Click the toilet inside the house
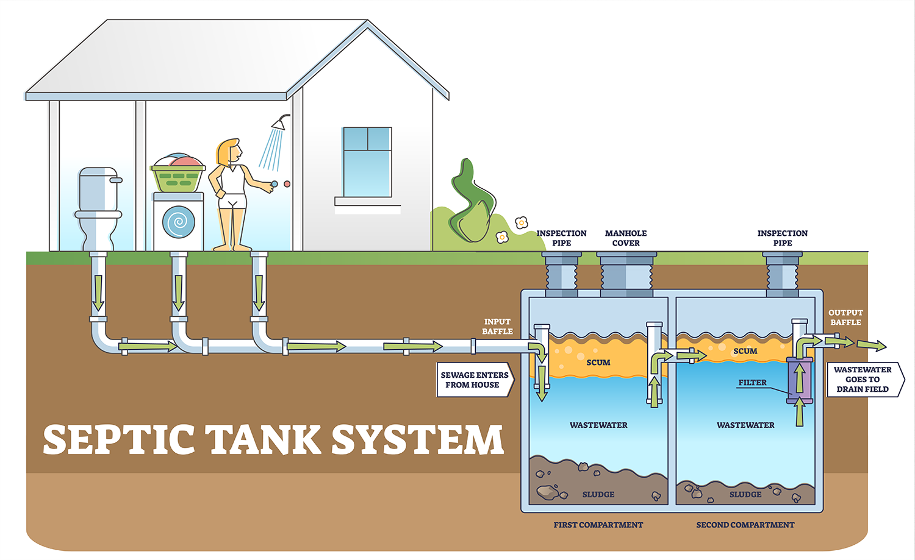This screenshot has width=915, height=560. [98, 208]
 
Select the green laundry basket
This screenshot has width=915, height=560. [178, 178]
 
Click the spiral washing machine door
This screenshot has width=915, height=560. [179, 222]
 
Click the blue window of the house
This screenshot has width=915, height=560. [367, 162]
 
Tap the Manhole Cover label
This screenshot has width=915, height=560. [626, 238]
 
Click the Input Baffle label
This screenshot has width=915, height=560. [497, 327]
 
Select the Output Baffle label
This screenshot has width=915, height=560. [845, 317]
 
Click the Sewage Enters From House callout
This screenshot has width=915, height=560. [475, 380]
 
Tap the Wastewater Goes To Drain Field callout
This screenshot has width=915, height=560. [865, 379]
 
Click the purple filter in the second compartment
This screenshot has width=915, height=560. [799, 380]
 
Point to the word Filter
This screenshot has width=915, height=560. [752, 383]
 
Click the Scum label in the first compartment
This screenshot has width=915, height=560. [598, 363]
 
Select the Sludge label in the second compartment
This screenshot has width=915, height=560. [745, 494]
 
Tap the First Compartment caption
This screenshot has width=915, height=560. [598, 525]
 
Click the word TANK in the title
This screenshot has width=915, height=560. [264, 439]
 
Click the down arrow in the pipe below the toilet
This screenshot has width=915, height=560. [98, 293]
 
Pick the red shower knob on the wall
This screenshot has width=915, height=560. [287, 184]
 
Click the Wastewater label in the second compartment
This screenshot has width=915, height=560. [745, 425]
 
